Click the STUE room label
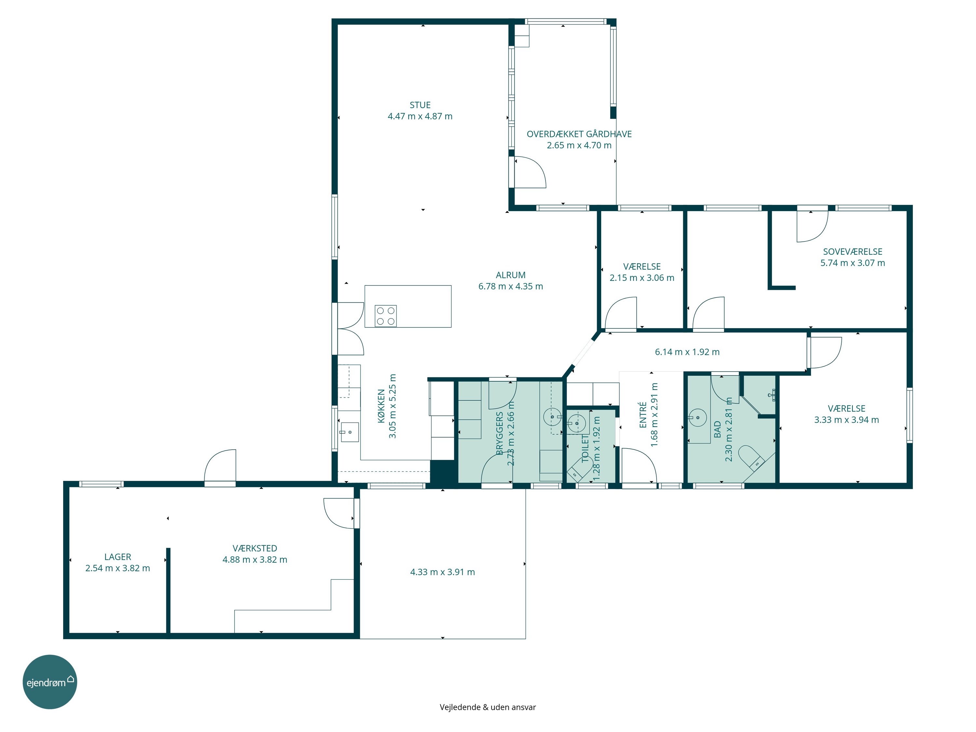coord(420,105)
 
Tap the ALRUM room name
coord(510,275)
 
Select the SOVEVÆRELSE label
coord(852,251)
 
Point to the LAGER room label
coord(117,557)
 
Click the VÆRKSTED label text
coord(255,548)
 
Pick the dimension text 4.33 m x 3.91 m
coord(442,572)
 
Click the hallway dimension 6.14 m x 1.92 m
coord(687,352)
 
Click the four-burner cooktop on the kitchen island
coord(386,316)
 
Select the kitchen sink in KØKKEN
coord(349,432)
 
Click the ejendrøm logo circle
coord(50,682)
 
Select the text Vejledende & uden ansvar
coord(488,707)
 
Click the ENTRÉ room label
coord(643,415)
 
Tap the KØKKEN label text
coord(381,406)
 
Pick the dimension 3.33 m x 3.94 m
coord(846,420)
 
